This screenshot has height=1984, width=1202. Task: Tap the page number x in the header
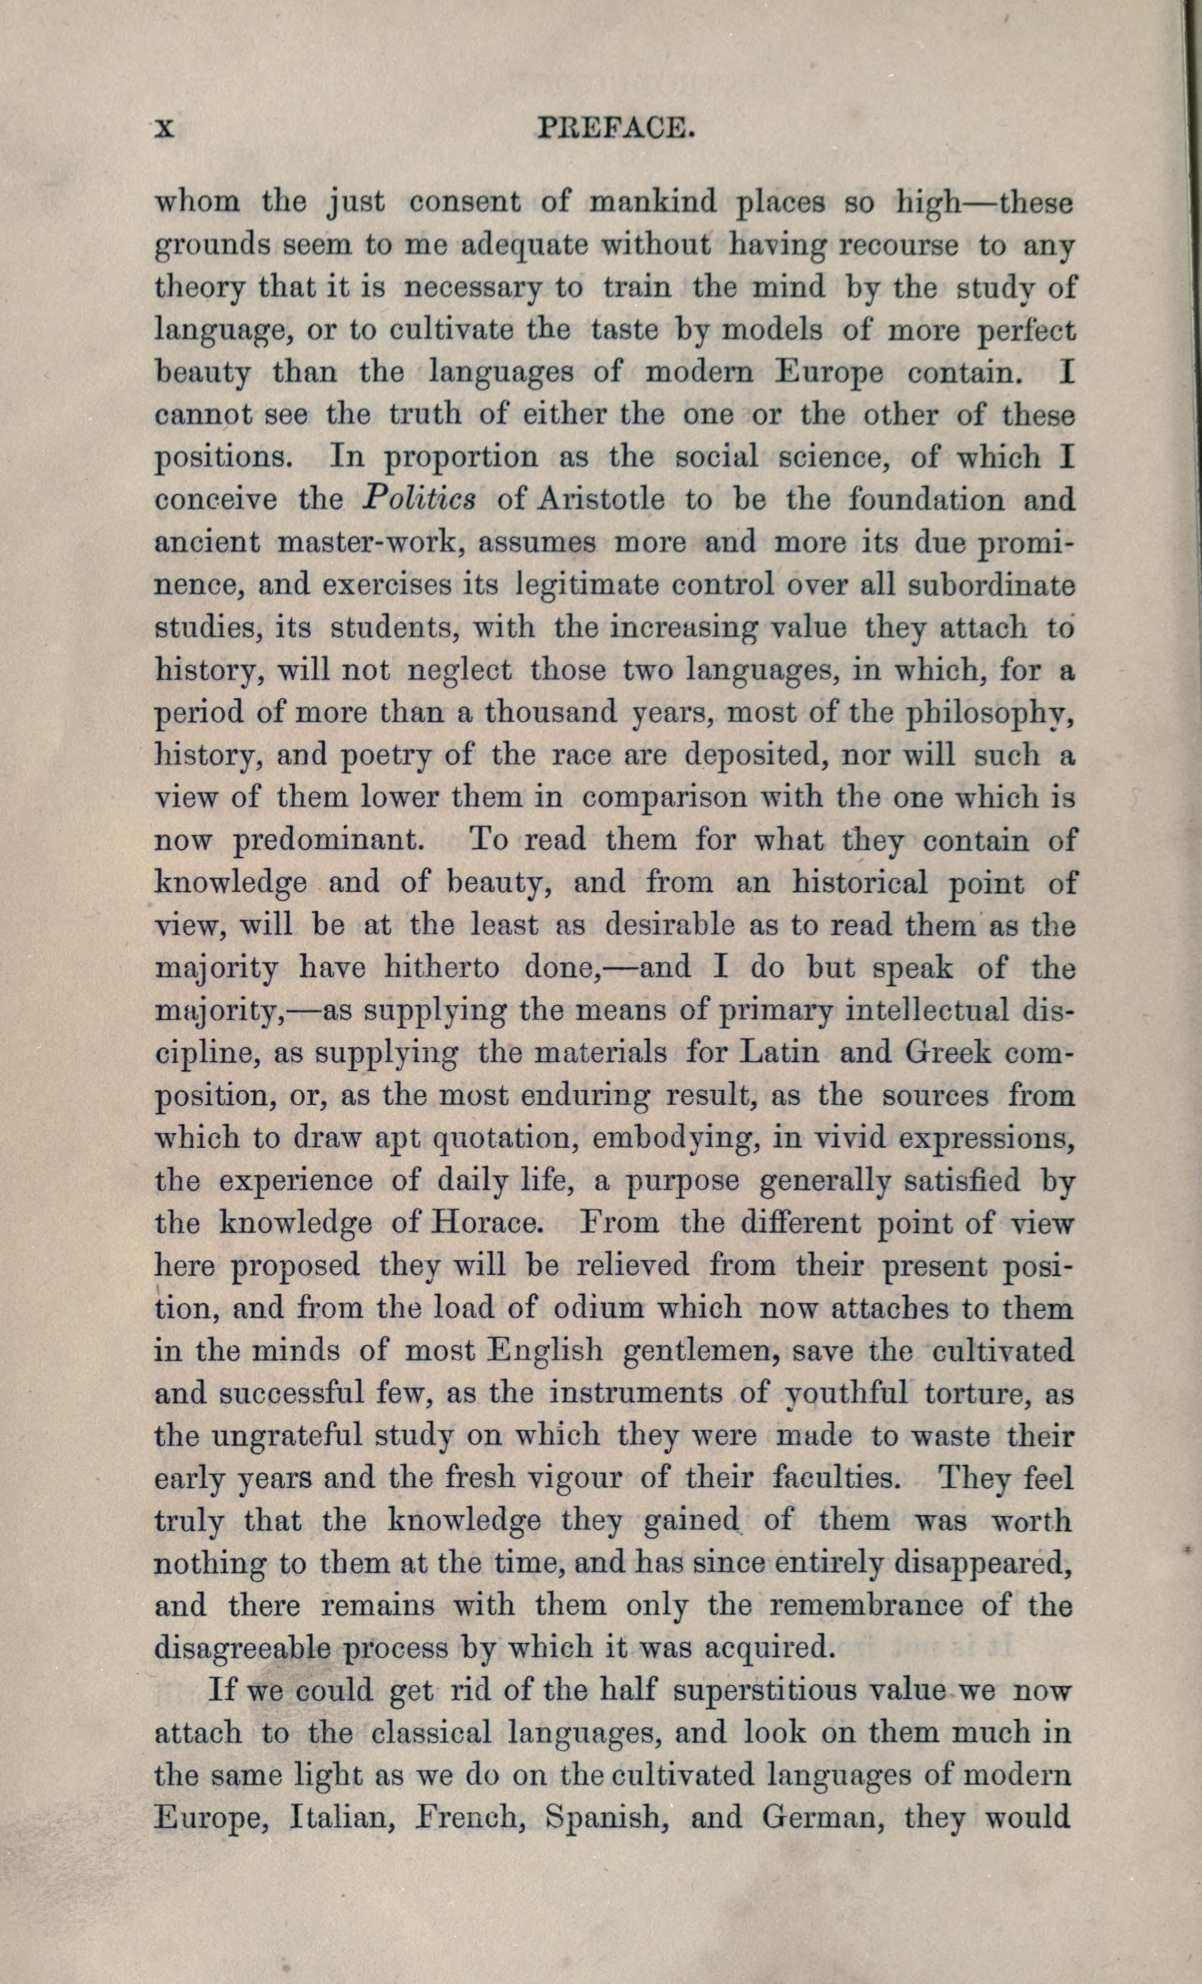tap(165, 128)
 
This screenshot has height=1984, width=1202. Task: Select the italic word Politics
tap(418, 499)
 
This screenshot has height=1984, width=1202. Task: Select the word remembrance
tap(865, 1605)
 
